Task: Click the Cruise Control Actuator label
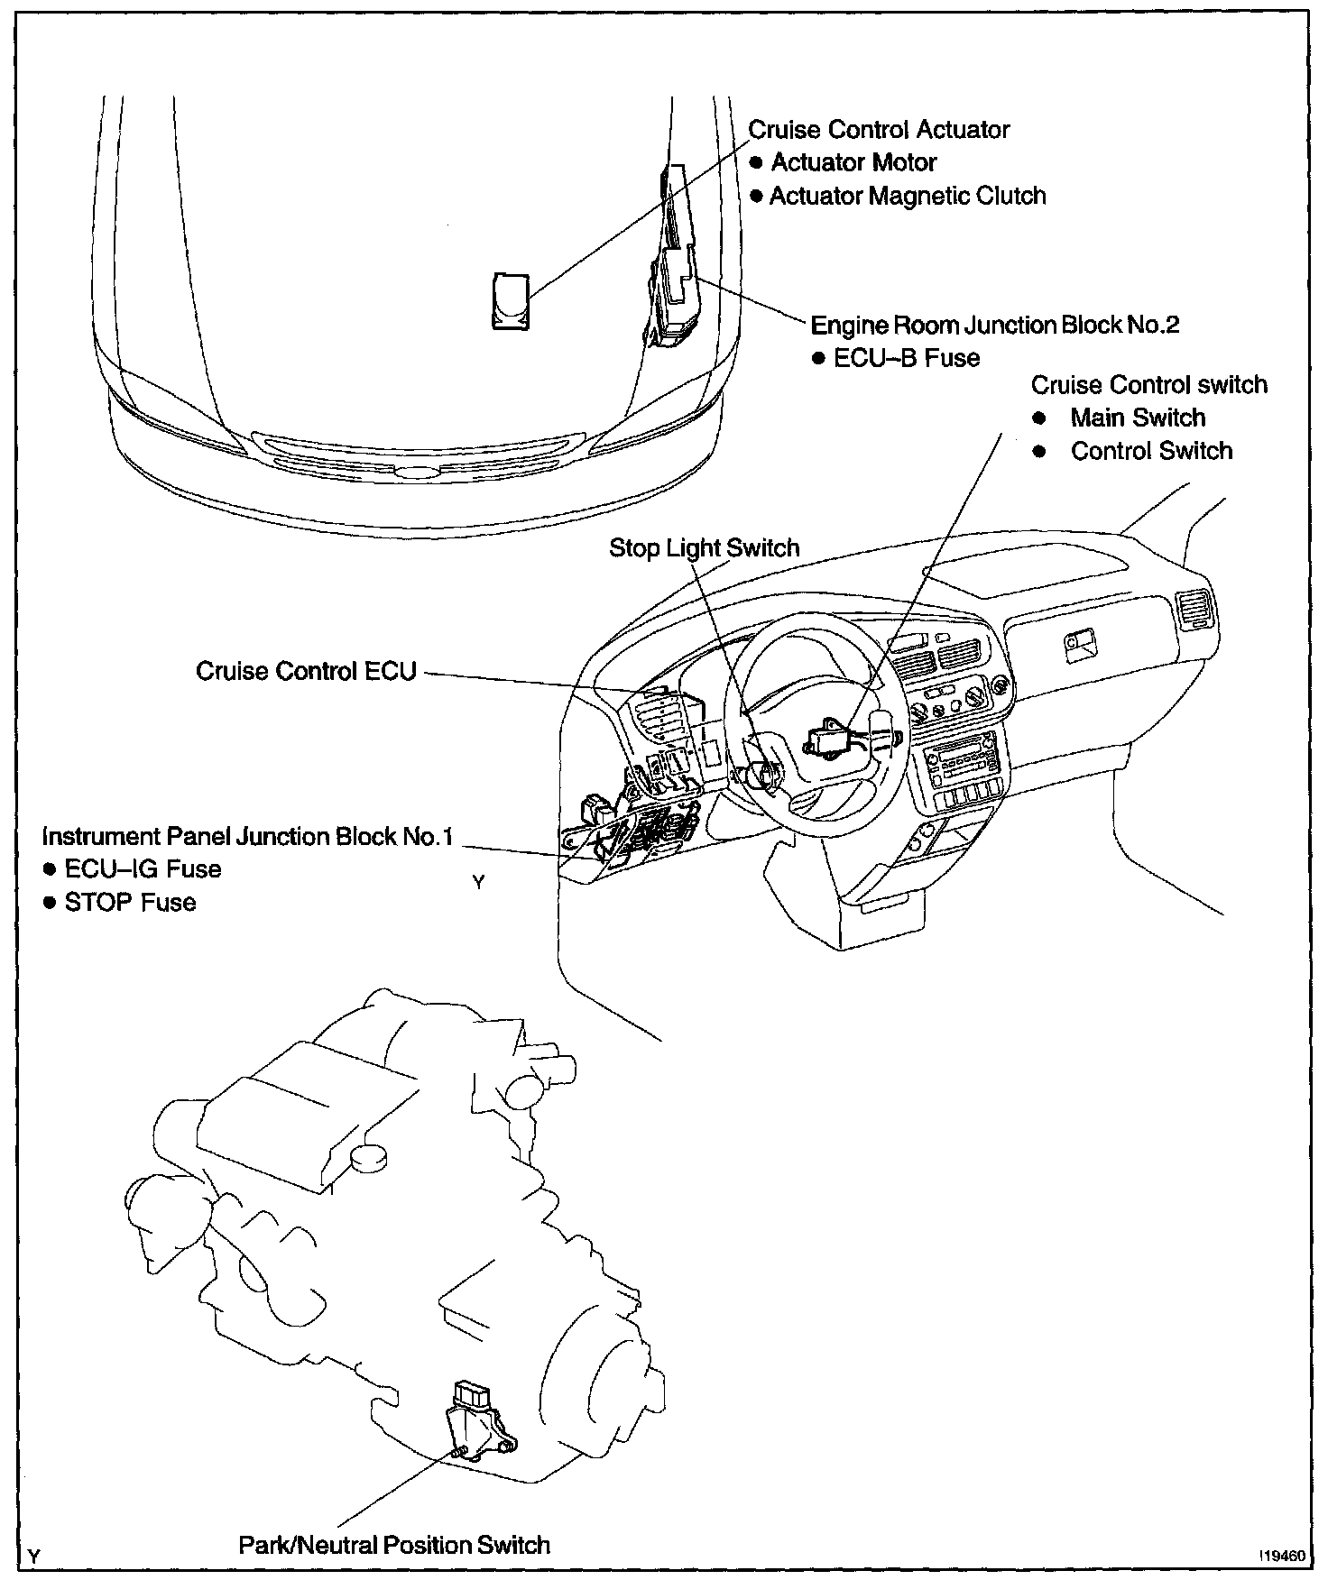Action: (x=879, y=130)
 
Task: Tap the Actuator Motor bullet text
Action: (x=853, y=162)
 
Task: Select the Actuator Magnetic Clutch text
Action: (x=907, y=196)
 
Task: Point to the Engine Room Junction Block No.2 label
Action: (x=995, y=325)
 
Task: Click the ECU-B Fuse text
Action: (x=906, y=358)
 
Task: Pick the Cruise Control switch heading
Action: (x=1148, y=385)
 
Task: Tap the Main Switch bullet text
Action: (x=1138, y=418)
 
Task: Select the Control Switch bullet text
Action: (x=1151, y=451)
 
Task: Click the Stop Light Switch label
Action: (x=704, y=547)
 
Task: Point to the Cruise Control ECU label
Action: (x=307, y=671)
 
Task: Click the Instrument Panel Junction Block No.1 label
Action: (x=247, y=837)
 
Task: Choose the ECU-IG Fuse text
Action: (x=143, y=869)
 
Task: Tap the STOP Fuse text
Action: (x=130, y=903)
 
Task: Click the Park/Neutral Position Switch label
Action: (x=394, y=1545)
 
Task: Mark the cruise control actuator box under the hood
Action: (x=511, y=300)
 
